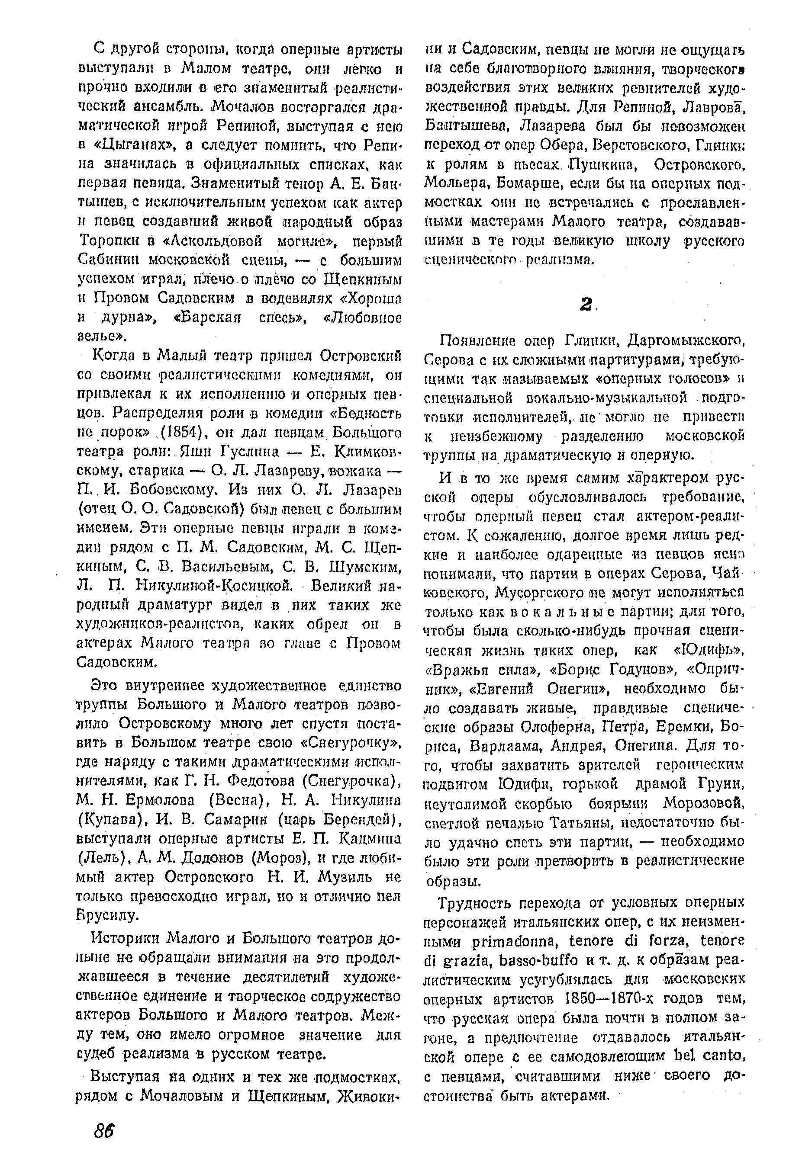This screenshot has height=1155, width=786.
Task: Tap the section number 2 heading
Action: pos(586,305)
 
